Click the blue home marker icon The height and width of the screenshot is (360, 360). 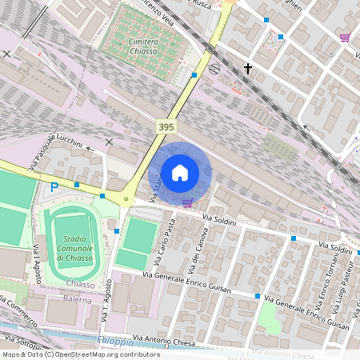tap(180, 173)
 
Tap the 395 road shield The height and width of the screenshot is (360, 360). tap(166, 127)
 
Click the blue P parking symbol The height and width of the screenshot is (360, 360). tap(54, 187)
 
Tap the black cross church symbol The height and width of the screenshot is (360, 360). tap(248, 70)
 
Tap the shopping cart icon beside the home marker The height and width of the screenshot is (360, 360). tap(187, 202)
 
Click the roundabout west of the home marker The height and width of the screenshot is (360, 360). tap(125, 199)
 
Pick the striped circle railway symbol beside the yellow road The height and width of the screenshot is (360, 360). tap(214, 69)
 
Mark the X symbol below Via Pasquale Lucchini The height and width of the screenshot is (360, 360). tap(109, 142)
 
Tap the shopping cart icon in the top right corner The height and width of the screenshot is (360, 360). tap(344, 37)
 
